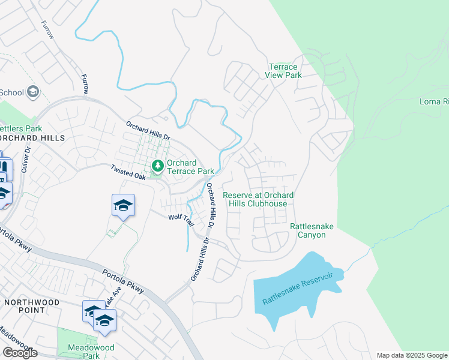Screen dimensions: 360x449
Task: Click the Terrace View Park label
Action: (283, 71)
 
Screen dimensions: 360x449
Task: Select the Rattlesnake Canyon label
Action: (312, 230)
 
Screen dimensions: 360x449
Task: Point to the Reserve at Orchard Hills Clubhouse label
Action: (258, 199)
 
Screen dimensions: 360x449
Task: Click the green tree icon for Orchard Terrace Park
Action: (158, 165)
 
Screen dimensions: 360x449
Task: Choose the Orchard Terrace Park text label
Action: (190, 167)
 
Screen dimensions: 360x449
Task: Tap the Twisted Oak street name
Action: (128, 173)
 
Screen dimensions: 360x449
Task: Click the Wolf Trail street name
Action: (181, 220)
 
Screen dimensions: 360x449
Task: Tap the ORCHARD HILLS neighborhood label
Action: (23, 138)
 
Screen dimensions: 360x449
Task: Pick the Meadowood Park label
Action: (83, 351)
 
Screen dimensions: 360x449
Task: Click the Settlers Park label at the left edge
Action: (20, 128)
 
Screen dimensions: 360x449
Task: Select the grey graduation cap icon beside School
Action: (33, 92)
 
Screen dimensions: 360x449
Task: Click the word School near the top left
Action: (11, 92)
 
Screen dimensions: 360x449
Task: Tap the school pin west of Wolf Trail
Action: (123, 206)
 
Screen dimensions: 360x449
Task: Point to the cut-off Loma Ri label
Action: (433, 101)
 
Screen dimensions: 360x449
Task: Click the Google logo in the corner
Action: (20, 353)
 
